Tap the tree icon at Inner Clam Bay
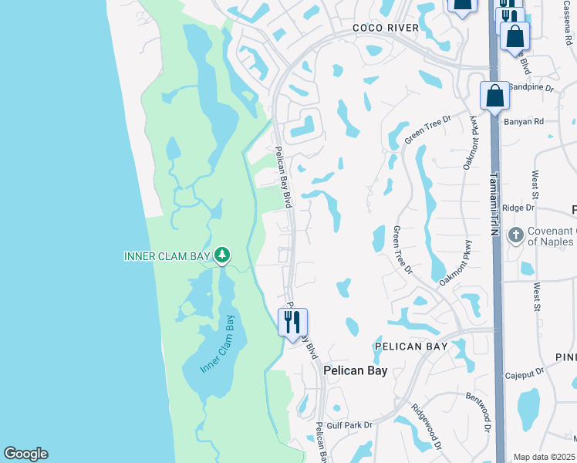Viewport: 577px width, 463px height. coord(222,254)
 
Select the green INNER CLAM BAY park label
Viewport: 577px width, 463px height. coord(167,255)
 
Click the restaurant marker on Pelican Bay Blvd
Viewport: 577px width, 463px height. coord(292,322)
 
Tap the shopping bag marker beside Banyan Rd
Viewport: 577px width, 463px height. coord(494,96)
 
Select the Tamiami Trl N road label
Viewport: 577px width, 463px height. coord(491,202)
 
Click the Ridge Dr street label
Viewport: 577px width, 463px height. coord(518,208)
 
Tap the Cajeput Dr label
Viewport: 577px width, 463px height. coord(525,376)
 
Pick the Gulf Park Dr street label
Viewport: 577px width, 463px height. coord(349,424)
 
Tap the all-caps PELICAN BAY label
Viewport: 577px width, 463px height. coord(411,346)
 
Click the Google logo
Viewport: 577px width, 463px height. coord(25,454)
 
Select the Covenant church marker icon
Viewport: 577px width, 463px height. coord(515,235)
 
